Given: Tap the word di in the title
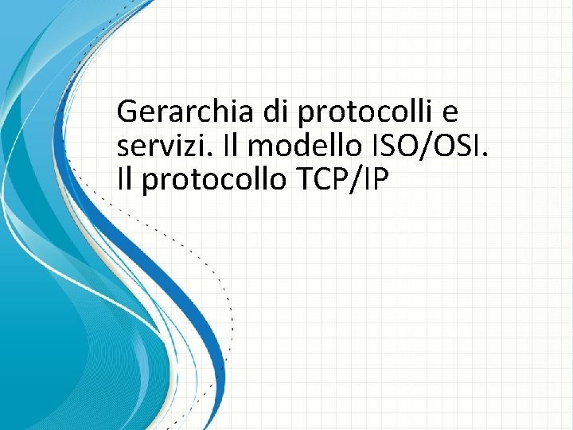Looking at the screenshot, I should point(280,112).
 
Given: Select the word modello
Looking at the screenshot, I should point(299,147).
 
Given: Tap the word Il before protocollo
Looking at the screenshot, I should point(124,181).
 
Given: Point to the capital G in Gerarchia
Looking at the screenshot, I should point(127,112).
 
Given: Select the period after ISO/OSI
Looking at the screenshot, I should point(481,156).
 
